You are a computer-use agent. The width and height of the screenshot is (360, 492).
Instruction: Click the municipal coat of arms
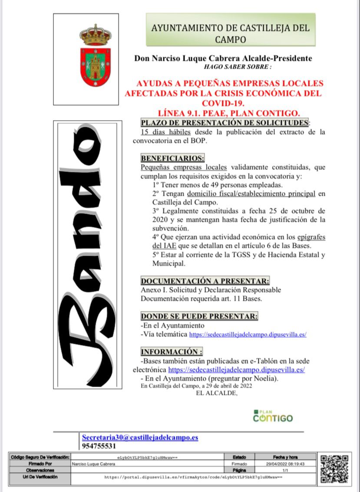click(95, 56)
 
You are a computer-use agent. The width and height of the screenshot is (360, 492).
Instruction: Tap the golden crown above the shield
click(95, 35)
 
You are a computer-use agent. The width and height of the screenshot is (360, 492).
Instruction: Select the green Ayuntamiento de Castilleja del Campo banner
click(230, 30)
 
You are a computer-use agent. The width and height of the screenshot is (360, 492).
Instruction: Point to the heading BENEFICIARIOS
click(172, 158)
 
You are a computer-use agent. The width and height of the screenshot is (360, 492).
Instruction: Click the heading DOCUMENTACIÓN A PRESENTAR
click(205, 281)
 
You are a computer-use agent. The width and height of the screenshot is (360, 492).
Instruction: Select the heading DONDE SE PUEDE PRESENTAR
click(199, 316)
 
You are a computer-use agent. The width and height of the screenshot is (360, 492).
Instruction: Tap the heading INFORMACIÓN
click(172, 351)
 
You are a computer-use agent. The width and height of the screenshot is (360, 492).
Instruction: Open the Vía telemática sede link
click(248, 335)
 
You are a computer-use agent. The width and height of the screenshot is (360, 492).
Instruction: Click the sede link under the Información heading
click(236, 370)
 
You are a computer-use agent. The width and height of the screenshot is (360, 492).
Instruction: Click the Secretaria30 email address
click(140, 437)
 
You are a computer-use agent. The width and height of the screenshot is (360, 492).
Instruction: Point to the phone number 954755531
click(99, 446)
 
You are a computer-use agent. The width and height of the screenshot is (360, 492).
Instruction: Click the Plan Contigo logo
click(273, 416)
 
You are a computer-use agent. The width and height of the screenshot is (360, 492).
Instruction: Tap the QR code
click(334, 469)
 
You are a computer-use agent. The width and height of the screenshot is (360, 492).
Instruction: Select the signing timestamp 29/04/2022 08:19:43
click(285, 463)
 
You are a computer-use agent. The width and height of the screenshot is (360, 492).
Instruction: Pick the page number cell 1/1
click(285, 470)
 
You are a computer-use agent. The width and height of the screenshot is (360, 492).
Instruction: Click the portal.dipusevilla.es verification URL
click(193, 477)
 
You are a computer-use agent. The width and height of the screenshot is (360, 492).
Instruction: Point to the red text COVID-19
click(223, 103)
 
